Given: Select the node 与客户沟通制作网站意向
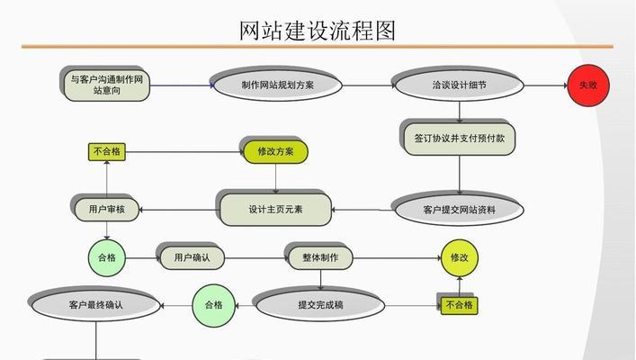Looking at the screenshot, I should pos(106,85).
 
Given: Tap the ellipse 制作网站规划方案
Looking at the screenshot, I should pos(277,85).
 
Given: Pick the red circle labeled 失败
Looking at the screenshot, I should pos(587,85).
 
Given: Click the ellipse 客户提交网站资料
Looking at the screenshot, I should pos(458,210).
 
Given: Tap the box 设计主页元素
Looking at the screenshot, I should pos(275,210).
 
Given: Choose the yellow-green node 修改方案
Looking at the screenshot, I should pos(275,151).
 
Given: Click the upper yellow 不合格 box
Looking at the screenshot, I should pos(106,152).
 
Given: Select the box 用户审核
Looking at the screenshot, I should pos(106,210).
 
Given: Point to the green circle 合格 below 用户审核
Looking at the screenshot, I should pos(106,257).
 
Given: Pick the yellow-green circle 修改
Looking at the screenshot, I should pos(459,257).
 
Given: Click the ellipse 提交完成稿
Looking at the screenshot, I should pos(320,305).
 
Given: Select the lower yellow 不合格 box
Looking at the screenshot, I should pos(459,305).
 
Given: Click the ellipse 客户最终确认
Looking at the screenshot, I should pos(95,305).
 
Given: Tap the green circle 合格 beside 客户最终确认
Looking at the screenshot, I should pos(213,305).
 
